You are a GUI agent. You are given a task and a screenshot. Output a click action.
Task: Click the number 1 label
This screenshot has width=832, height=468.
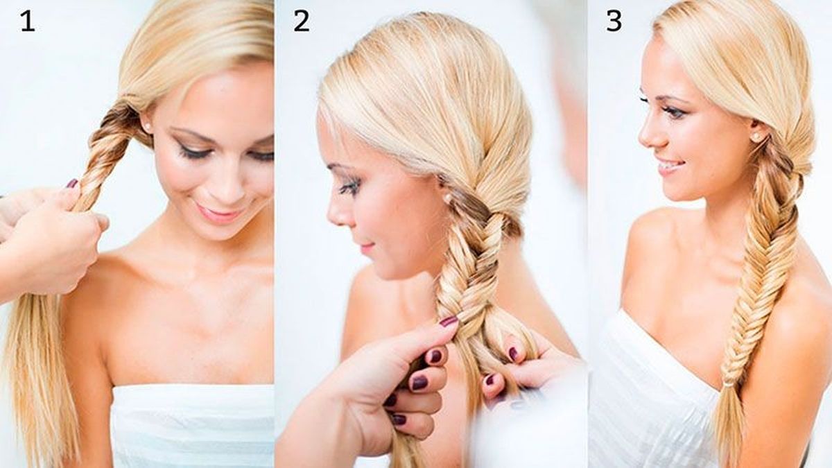click(x=27, y=21)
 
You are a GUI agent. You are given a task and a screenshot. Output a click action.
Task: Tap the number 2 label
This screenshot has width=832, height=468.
click(x=301, y=21)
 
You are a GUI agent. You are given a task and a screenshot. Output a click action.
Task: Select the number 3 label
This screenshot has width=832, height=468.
click(x=614, y=21)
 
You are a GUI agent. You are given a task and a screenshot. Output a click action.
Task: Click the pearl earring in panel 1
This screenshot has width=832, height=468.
click(x=148, y=128)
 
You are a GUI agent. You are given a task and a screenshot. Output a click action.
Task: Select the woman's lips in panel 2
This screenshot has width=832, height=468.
click(x=365, y=246)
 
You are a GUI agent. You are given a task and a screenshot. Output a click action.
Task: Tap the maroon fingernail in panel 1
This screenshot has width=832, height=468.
click(x=71, y=184)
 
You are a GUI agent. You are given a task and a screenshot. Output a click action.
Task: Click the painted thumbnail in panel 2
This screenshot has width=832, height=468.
click(x=449, y=321)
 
